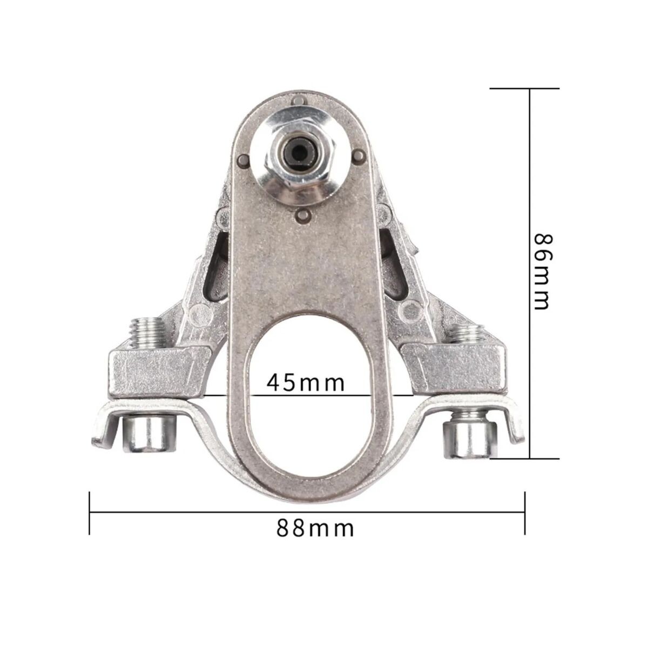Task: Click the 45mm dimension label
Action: (x=305, y=383)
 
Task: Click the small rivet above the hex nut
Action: (x=297, y=102)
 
